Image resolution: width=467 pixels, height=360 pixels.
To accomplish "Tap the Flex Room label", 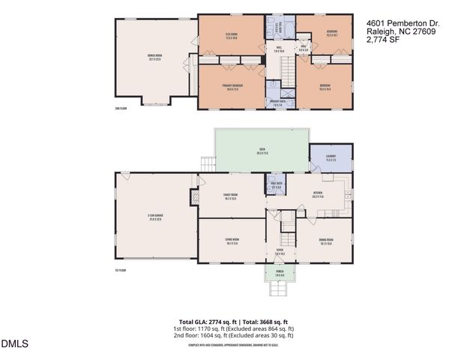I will coord(231,36).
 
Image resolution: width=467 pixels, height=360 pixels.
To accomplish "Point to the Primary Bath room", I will coord(277,103).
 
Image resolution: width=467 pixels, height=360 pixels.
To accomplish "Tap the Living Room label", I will coord(231,241).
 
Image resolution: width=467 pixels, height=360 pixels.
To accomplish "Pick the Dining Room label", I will coord(326,241).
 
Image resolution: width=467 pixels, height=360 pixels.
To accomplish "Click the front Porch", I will coord(280,275).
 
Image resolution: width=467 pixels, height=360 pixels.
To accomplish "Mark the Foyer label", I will coord(280,253).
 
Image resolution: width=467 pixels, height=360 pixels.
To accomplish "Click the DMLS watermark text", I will coord(14,344).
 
